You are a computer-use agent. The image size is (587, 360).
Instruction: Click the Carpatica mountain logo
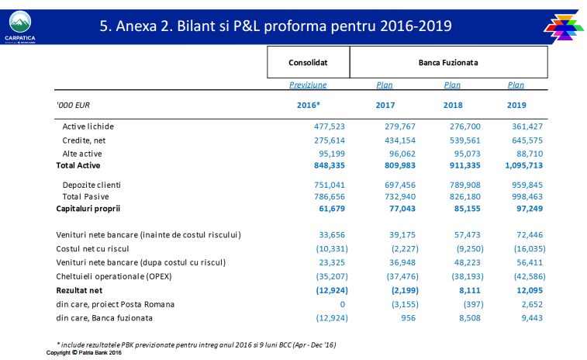click(20, 27)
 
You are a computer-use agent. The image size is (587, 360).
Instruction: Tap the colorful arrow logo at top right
click(564, 28)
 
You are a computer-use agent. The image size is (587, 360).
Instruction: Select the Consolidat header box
click(308, 62)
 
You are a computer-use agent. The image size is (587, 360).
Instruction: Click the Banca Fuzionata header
click(448, 62)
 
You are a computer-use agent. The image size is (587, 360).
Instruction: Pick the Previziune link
click(308, 85)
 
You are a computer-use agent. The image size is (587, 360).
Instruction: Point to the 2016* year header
click(309, 106)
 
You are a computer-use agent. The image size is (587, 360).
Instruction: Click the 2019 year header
click(516, 106)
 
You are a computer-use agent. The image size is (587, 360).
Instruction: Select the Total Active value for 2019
click(523, 165)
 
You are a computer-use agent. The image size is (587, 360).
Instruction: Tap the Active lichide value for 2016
click(330, 126)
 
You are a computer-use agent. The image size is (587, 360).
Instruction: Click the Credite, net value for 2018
click(465, 140)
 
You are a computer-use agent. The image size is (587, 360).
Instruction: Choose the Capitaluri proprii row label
click(88, 209)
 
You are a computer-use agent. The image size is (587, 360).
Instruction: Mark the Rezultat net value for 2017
click(405, 290)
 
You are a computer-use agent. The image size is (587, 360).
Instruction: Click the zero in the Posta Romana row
click(343, 304)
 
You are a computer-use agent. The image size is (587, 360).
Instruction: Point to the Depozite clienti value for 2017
click(400, 185)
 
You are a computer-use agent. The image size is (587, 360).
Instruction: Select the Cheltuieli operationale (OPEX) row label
click(114, 276)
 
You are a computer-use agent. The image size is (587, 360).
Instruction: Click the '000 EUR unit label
click(73, 106)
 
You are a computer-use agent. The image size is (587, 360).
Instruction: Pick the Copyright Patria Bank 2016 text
click(84, 352)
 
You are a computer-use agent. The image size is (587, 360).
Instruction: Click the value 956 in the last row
click(408, 318)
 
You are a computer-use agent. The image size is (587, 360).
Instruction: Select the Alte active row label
click(82, 154)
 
